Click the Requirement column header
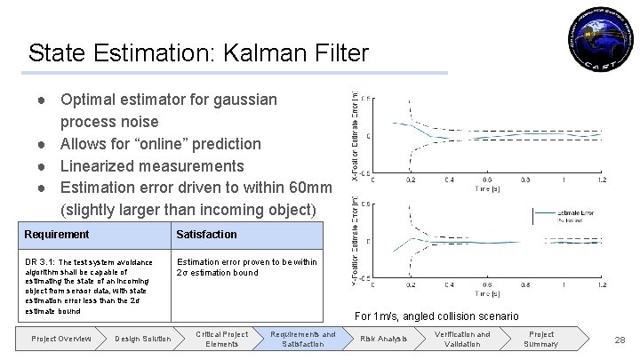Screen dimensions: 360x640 (x=57, y=235)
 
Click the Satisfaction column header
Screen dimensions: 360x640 (x=207, y=235)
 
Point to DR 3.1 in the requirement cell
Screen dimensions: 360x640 (x=39, y=262)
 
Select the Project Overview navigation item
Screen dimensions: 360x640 (x=60, y=339)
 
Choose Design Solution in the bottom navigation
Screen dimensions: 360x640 (x=143, y=339)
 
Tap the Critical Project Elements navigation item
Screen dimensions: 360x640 (x=223, y=339)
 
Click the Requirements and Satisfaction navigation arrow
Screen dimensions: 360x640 (x=304, y=339)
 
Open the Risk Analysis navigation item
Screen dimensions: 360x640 (x=383, y=339)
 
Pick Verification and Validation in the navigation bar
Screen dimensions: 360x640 (x=461, y=339)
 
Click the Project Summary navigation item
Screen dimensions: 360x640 (x=541, y=339)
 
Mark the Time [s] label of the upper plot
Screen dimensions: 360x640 (x=487, y=188)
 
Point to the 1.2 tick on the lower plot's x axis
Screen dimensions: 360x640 (x=602, y=284)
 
